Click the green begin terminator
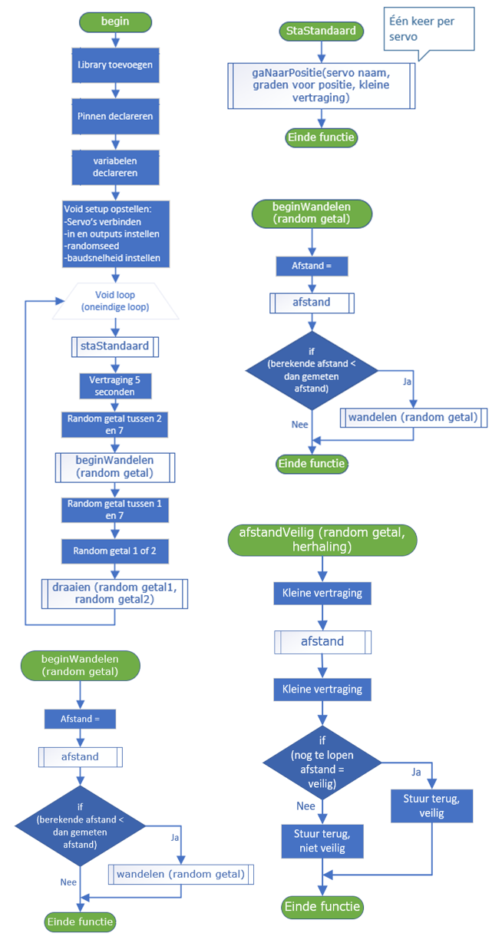(115, 22)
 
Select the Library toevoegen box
(115, 65)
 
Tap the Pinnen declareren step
(115, 116)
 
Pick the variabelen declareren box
(115, 167)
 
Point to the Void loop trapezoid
(115, 299)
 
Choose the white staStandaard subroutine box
(115, 346)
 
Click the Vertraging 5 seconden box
(115, 385)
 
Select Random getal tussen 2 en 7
(115, 425)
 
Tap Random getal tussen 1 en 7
(115, 509)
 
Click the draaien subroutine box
(115, 593)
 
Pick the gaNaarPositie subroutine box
(322, 84)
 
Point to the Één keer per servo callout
(422, 28)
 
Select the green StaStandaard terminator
(322, 31)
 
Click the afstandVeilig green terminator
(322, 541)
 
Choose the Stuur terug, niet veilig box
(322, 842)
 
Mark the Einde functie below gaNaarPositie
(322, 137)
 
